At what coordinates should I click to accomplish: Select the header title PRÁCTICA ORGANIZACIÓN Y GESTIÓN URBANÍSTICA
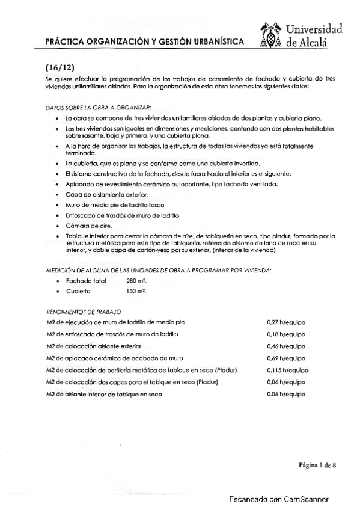pos(145,41)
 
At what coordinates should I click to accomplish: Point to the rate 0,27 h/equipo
pos(285,322)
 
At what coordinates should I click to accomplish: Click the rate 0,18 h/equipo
pos(285,334)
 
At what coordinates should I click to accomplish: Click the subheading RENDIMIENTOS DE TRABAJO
pos(84,312)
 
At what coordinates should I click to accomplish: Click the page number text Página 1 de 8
pos(317,464)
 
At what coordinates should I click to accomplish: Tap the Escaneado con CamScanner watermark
pos(281,499)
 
